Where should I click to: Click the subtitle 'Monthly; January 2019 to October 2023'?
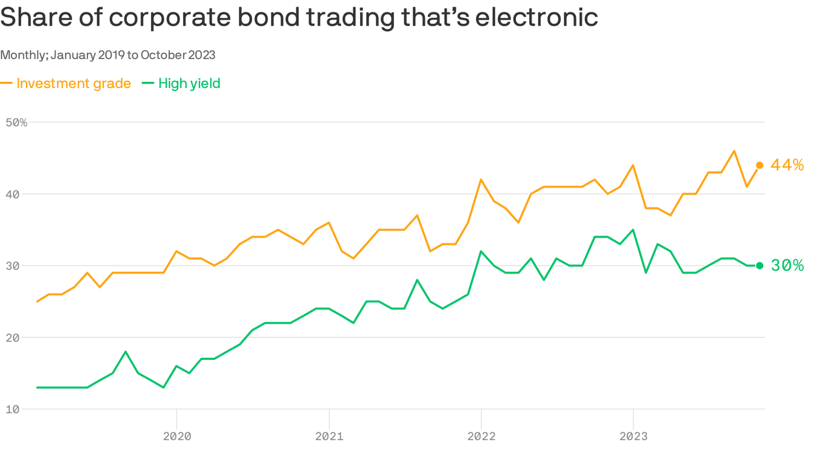point(108,55)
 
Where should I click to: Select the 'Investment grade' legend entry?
point(73,83)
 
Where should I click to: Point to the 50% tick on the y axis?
point(16,123)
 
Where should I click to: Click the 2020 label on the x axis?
point(176,436)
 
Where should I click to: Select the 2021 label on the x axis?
point(329,436)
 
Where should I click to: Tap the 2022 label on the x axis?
point(481,436)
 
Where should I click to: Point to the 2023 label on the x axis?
point(633,436)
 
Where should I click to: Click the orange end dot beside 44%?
point(760,165)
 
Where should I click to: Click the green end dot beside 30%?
point(760,266)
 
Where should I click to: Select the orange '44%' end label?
point(787,165)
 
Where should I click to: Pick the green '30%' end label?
point(787,266)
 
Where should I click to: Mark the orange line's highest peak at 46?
point(734,151)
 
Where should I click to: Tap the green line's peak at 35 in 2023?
point(633,230)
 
